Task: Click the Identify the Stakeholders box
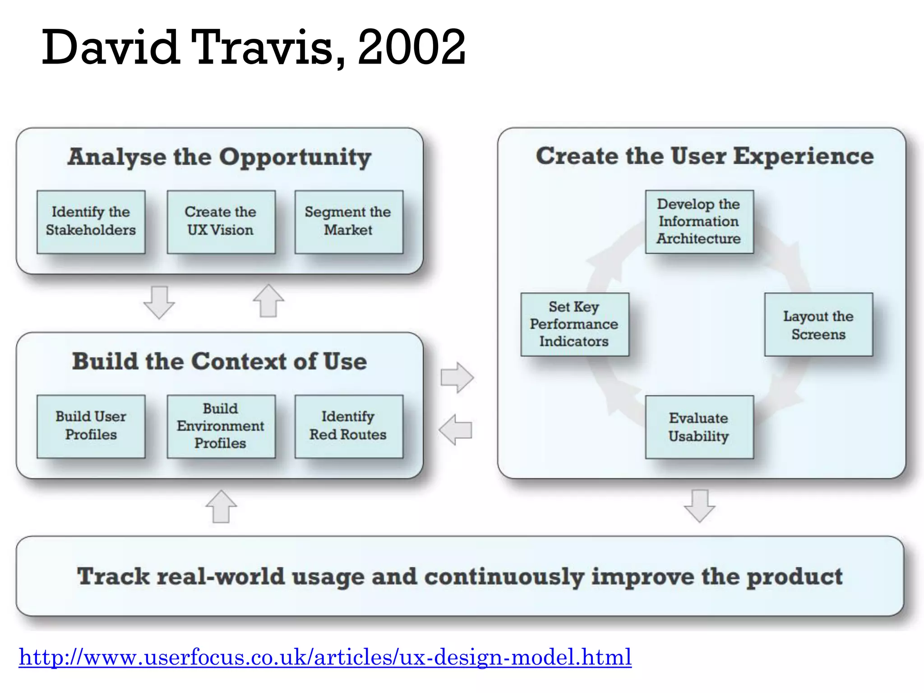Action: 91,222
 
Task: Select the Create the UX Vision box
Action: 221,222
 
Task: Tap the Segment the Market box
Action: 348,222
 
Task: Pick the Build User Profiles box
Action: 91,426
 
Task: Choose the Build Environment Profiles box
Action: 221,426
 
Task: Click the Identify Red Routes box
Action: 348,426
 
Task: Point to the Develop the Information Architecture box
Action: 699,222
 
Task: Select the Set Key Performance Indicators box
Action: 574,324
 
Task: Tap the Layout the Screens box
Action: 818,324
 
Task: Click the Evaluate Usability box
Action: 699,427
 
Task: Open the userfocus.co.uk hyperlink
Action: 325,657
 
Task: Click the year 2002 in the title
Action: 411,47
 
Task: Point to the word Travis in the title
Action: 268,47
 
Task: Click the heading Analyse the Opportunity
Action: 219,157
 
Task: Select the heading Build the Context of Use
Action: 219,361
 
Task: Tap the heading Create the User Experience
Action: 704,156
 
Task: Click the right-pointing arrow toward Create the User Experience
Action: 457,377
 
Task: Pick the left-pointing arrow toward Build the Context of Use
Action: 456,430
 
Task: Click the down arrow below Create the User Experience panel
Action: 699,506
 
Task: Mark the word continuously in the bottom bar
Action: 504,577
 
